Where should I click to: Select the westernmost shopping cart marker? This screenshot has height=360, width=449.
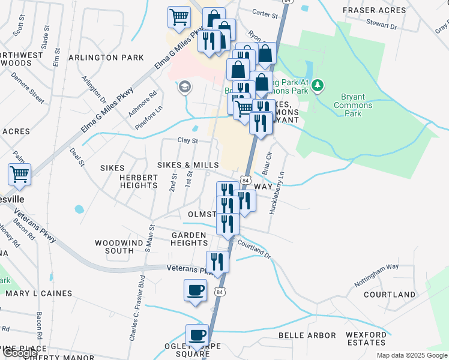point(19,175)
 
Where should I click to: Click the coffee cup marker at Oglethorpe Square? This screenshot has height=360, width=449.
point(196,335)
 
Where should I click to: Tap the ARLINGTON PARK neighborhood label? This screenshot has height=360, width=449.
point(106,58)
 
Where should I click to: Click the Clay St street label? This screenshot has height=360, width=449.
point(187,140)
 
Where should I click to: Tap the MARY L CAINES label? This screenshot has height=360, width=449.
point(39,294)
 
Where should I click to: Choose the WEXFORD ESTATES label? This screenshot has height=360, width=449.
point(366,338)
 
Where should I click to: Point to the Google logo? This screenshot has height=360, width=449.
point(20,353)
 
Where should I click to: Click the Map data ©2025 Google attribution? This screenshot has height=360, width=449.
point(412,355)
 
